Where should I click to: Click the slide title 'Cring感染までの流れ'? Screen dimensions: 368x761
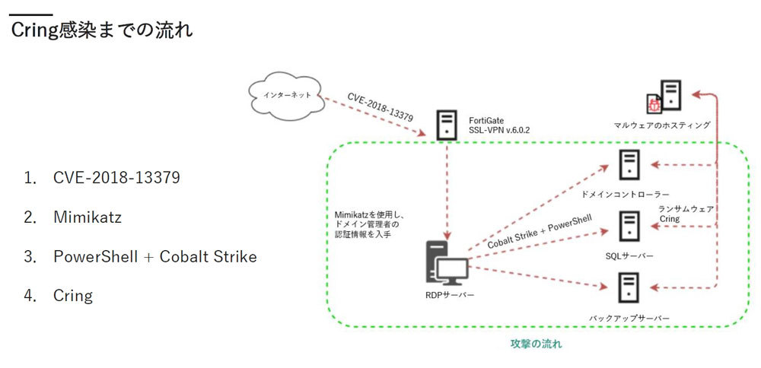(101, 30)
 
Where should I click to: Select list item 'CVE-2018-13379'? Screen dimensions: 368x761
(116, 178)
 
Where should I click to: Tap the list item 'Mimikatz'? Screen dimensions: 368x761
(88, 217)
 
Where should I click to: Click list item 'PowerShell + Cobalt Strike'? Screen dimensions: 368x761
(154, 256)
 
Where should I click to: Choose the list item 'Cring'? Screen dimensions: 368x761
(73, 295)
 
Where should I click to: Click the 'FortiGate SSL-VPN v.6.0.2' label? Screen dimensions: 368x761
(499, 125)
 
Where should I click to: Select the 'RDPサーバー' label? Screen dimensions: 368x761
(449, 295)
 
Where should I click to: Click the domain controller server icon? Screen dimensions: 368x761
(629, 165)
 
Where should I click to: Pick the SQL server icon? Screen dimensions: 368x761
(629, 226)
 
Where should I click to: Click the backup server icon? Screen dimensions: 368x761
(629, 287)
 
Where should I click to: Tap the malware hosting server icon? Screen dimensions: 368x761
(670, 95)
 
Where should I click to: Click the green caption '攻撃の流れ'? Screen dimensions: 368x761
(536, 344)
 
